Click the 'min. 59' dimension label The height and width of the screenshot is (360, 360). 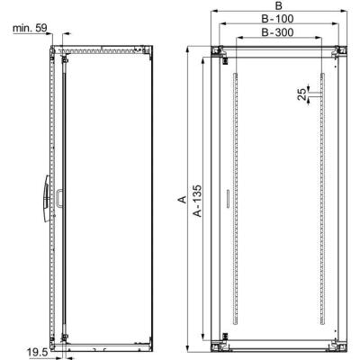click(x=30, y=28)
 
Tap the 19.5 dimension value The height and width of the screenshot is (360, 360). click(x=38, y=353)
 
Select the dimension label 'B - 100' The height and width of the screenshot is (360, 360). click(x=278, y=19)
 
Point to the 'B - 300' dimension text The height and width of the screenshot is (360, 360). click(x=278, y=32)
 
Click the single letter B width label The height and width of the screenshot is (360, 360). click(x=279, y=5)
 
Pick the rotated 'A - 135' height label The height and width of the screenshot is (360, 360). click(x=198, y=201)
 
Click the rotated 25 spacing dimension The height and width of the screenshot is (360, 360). click(x=303, y=94)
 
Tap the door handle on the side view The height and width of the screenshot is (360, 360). click(x=47, y=198)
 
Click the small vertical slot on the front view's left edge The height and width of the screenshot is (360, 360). click(x=227, y=198)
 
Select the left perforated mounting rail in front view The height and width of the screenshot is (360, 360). click(x=236, y=198)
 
